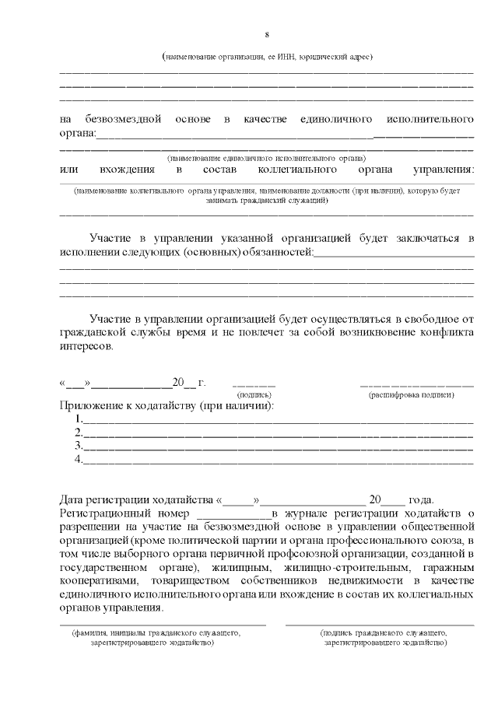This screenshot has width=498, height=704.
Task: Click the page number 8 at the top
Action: [x=267, y=35]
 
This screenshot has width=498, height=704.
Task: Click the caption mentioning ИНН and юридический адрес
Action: [x=267, y=57]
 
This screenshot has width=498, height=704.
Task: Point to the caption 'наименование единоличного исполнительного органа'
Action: [x=267, y=157]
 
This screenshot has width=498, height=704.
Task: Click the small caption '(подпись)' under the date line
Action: [x=254, y=395]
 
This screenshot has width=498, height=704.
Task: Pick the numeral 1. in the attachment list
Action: [x=79, y=420]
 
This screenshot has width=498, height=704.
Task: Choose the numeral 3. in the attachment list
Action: [x=79, y=447]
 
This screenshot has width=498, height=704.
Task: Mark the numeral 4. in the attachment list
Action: [x=79, y=460]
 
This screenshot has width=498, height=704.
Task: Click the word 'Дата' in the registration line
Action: [x=73, y=499]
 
